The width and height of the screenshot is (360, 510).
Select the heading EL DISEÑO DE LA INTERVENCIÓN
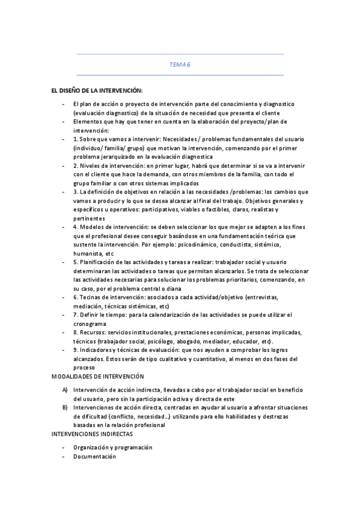96,90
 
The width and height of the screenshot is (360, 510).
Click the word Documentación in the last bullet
94,456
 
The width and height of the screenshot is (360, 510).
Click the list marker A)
65,390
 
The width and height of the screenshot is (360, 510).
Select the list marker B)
65,407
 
